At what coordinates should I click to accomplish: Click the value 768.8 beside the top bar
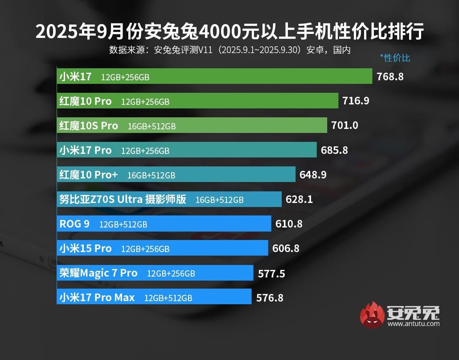point(390,76)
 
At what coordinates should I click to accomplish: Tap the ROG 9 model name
point(74,224)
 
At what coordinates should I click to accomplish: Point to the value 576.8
point(270,298)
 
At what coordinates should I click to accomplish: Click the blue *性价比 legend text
point(395,58)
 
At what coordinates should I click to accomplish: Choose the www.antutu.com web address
point(413,323)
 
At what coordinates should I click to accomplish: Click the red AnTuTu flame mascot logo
point(372,315)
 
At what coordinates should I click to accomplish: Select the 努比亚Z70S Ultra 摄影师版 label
point(123,199)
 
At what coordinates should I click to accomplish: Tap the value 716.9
point(356,101)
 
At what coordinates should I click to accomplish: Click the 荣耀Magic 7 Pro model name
point(98,273)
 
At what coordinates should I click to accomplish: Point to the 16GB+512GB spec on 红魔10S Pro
point(152,126)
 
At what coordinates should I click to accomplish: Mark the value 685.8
point(334,150)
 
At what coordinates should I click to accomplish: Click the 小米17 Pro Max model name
point(97,298)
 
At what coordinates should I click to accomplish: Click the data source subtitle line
point(229,50)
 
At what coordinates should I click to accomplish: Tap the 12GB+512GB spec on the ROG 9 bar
point(123,224)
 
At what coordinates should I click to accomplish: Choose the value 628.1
point(299,199)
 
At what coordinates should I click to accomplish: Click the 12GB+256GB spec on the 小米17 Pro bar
point(145,151)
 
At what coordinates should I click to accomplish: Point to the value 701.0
point(344,126)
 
